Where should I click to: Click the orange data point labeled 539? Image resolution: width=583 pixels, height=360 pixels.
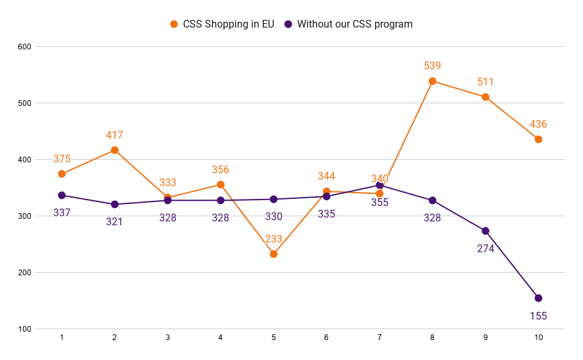coord(433,81)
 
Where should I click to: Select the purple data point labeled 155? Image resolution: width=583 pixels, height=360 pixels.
coord(539,298)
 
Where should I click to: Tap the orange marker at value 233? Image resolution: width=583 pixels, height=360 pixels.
coord(274,254)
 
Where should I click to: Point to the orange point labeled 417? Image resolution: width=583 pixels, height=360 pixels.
coord(115,150)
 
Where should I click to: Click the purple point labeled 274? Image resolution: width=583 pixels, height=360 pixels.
coord(485,231)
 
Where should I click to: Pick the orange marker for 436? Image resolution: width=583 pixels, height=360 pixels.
coord(539,139)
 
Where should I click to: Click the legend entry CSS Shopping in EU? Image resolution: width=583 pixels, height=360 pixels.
coord(222,24)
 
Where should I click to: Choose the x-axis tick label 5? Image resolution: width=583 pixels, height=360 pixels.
coord(274,338)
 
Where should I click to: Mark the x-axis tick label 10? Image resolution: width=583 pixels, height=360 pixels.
coord(539,338)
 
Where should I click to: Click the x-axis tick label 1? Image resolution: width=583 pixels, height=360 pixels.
coord(62,338)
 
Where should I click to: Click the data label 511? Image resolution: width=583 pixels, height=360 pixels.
coord(485,82)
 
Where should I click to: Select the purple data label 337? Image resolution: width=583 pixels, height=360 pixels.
coord(62,212)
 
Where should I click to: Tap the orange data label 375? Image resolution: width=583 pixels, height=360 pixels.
coord(62,159)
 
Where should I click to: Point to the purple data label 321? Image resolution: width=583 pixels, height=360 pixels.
coord(115,222)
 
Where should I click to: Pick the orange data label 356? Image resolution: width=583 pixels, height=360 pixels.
coord(221,170)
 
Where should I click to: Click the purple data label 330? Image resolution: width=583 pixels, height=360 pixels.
coord(274,217)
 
